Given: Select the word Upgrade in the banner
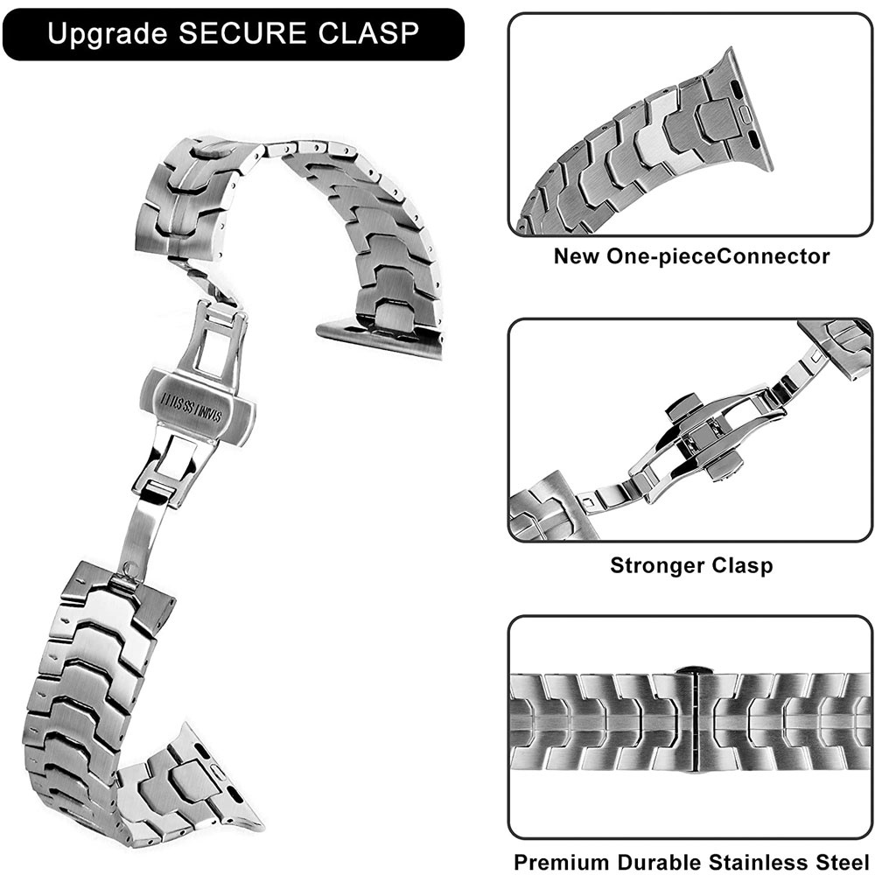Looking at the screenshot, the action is [x=107, y=35].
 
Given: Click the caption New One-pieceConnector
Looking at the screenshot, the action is [x=691, y=256].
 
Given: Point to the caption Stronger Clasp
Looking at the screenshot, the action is [x=691, y=564].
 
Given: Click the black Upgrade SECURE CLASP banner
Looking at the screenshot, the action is [x=232, y=34].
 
